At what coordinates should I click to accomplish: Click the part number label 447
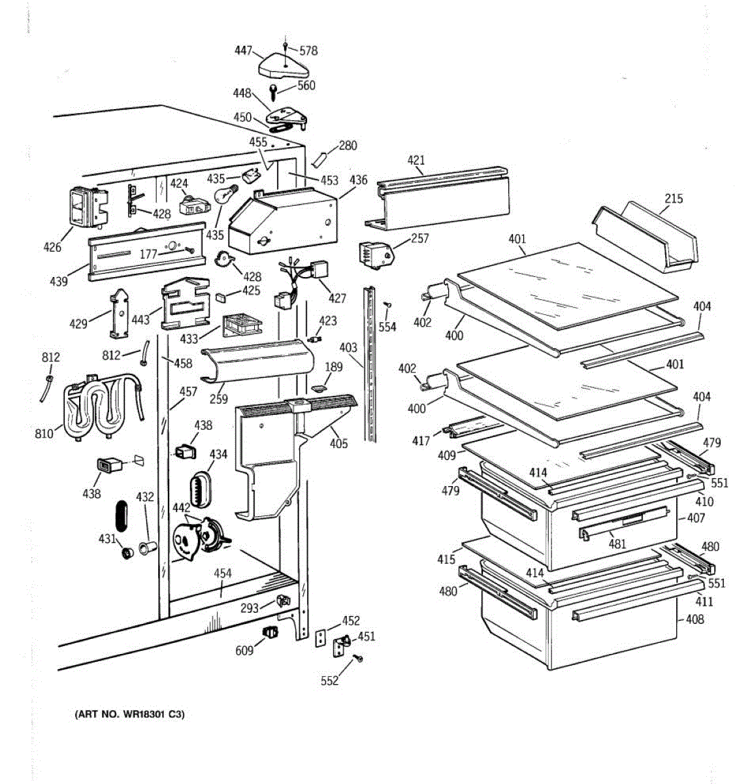[x=243, y=50]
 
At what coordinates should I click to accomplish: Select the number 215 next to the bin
[x=674, y=198]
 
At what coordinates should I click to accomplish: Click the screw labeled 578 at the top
[x=286, y=46]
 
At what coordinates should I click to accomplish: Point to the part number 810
[x=44, y=433]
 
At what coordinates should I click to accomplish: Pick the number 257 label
[x=419, y=238]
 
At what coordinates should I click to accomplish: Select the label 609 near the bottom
[x=245, y=650]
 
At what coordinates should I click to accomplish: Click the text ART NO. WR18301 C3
[x=130, y=714]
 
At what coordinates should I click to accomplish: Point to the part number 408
[x=694, y=619]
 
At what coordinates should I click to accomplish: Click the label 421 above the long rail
[x=416, y=160]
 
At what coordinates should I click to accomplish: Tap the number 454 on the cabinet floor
[x=222, y=574]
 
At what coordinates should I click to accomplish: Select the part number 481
[x=617, y=544]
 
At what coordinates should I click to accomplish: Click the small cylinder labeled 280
[x=320, y=159]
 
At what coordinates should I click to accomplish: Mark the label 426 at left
[x=52, y=246]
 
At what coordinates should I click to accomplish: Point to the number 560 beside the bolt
[x=306, y=86]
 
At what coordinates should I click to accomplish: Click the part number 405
[x=338, y=444]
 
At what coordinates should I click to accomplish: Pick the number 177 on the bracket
[x=148, y=253]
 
